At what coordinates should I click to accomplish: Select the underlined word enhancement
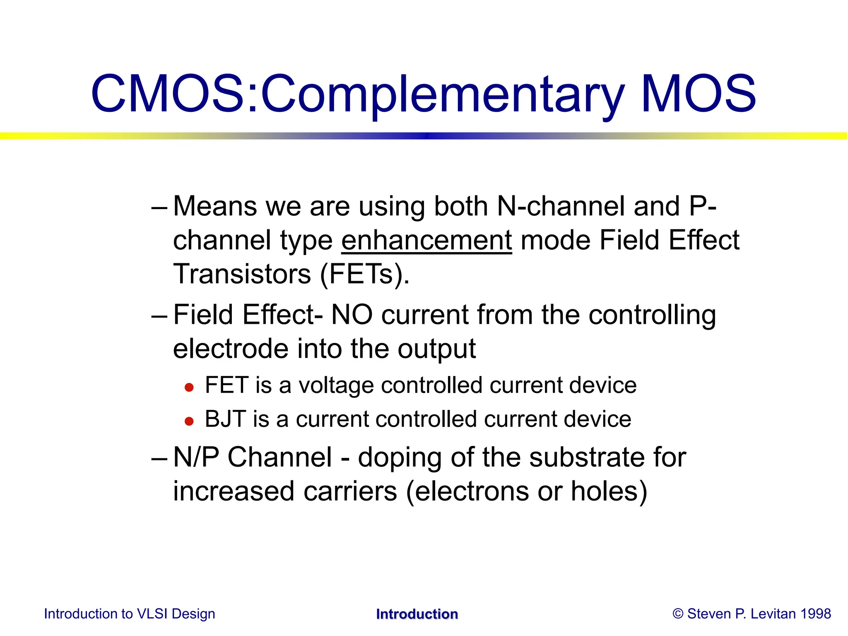[x=426, y=241]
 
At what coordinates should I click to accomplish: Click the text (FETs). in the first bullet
[x=365, y=274]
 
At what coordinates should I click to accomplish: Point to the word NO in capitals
[x=352, y=315]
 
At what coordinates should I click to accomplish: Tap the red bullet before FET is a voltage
[x=189, y=388]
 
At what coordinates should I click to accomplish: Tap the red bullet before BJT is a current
[x=189, y=422]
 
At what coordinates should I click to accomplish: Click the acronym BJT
[x=226, y=419]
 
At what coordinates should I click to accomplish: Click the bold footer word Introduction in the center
[x=417, y=614]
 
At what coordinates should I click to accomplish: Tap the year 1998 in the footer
[x=815, y=614]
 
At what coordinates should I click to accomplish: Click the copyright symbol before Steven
[x=678, y=614]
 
